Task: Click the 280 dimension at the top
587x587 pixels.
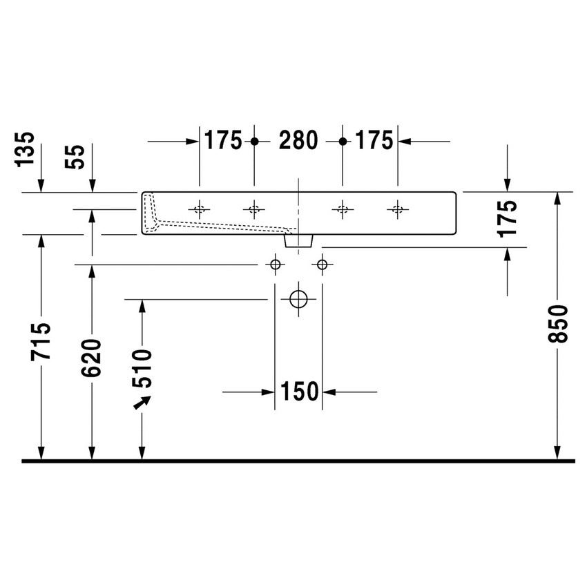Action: (298, 141)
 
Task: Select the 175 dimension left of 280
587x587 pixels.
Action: (222, 141)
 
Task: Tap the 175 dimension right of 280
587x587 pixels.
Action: (375, 141)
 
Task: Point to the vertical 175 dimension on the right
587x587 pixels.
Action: (508, 219)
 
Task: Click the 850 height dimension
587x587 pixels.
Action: (558, 324)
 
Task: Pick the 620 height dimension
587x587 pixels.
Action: (91, 357)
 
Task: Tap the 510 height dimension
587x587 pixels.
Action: (142, 367)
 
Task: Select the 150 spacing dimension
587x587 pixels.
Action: (298, 392)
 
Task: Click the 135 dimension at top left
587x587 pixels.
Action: (25, 149)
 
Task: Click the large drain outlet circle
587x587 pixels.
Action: (298, 299)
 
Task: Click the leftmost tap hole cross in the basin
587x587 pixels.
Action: (200, 209)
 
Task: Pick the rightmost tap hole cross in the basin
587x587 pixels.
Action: (396, 209)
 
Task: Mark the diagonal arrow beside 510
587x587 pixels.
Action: (142, 402)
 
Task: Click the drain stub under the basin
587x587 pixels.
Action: (298, 240)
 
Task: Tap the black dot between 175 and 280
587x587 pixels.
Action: (254, 141)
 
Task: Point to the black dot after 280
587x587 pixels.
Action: (343, 141)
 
